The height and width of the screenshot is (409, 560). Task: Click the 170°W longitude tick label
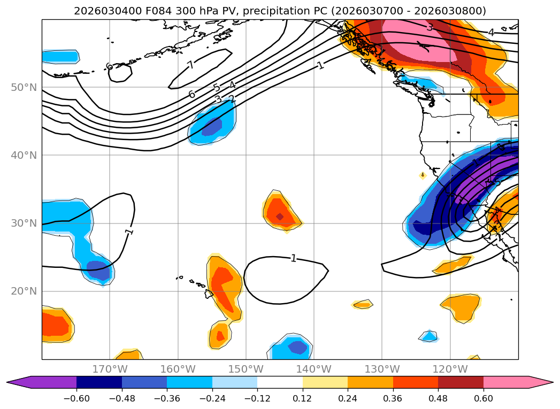[110, 369]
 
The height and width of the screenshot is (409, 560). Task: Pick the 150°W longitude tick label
[246, 369]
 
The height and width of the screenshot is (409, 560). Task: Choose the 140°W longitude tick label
[313, 369]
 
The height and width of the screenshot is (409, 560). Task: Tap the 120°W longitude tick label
[449, 369]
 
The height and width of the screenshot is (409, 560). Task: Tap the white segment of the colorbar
[280, 382]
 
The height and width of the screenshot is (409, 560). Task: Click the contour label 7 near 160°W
[190, 65]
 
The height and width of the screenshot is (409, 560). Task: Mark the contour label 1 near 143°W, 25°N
[293, 258]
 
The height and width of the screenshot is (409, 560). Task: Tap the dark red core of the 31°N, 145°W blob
[279, 217]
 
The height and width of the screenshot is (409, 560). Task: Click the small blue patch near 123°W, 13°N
[429, 336]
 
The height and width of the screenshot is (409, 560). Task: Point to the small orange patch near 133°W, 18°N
[363, 304]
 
